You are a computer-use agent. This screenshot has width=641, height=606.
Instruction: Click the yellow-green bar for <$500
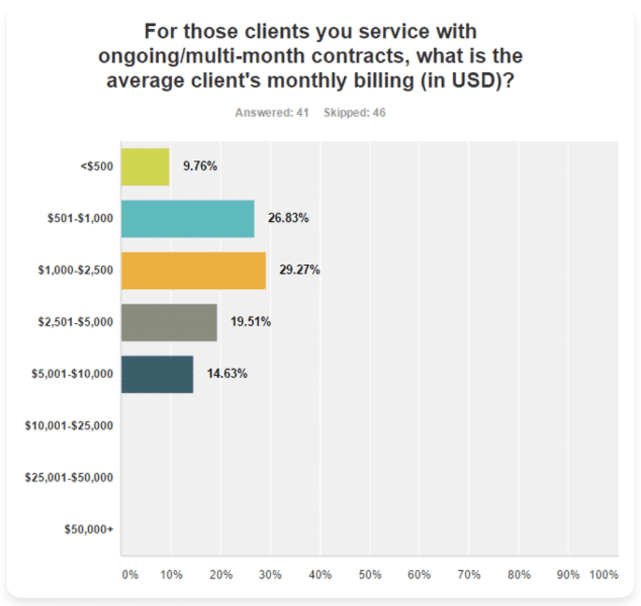[145, 167]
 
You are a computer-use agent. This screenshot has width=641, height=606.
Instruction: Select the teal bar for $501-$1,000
[188, 219]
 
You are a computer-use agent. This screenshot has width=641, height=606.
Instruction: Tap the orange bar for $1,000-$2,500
[193, 271]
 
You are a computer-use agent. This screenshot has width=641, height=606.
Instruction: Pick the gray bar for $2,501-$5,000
[169, 322]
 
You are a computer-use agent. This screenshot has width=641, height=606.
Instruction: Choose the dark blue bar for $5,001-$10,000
[157, 374]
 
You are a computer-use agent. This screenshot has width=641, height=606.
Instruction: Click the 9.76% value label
[200, 167]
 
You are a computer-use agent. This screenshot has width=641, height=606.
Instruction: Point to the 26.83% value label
[289, 219]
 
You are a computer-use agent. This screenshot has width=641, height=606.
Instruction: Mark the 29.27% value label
[300, 271]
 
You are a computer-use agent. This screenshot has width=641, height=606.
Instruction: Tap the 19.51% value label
[250, 322]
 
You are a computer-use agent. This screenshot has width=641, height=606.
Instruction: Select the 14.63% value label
[227, 374]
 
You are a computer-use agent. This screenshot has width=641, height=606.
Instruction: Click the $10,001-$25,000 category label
[69, 426]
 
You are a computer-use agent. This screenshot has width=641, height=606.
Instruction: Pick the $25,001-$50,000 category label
[69, 478]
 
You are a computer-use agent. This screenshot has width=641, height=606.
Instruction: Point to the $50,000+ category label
[89, 530]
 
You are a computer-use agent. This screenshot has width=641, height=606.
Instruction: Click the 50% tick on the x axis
[369, 575]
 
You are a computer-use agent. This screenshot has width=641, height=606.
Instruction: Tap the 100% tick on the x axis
[603, 575]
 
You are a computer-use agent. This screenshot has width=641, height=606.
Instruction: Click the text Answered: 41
[272, 113]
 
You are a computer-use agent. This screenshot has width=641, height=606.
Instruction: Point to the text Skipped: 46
[354, 113]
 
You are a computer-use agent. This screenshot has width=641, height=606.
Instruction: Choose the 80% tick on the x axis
[519, 575]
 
